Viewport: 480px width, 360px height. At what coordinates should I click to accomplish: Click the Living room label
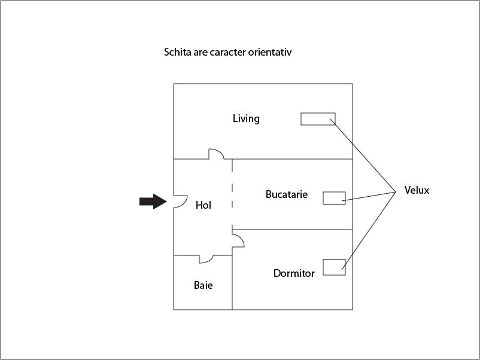pos(246,118)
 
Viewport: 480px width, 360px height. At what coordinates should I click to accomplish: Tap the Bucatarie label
pos(287,194)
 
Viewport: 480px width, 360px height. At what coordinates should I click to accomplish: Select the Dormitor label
pos(294,273)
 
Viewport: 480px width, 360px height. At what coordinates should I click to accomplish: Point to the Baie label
pos(203,285)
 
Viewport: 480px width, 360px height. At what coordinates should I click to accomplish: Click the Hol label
pos(203,205)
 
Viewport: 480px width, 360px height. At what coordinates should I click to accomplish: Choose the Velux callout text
pos(417,191)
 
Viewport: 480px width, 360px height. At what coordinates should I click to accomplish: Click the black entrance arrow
pos(153,202)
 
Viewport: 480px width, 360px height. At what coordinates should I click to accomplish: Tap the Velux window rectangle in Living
pos(318,118)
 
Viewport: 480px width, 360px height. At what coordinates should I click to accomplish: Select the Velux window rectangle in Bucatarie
pos(334,198)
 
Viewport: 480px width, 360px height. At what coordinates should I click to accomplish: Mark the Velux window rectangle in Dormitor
pos(334,267)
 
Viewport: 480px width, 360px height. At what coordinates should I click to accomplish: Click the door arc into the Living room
pos(217,153)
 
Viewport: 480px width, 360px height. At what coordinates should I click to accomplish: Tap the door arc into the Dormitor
pos(239,240)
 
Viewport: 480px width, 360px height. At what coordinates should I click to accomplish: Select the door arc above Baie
pos(206,260)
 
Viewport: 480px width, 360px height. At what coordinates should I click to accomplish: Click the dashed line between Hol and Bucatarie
pos(232,194)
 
